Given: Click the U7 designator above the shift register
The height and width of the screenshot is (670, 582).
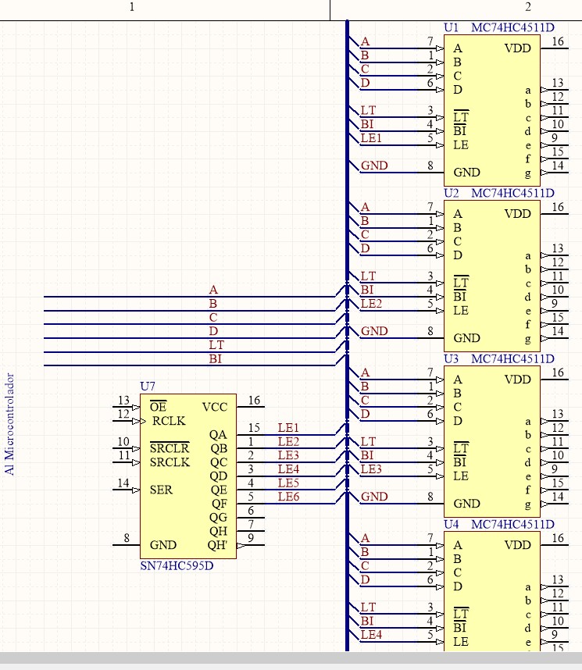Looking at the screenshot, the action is coord(148,387).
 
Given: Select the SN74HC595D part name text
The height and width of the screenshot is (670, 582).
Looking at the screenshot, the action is coord(177,565).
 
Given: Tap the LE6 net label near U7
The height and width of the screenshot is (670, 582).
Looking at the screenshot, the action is coord(288,497).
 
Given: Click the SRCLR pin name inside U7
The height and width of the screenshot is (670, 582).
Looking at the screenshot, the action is coord(170,448).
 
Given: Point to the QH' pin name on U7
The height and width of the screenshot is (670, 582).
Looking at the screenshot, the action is coord(217,545).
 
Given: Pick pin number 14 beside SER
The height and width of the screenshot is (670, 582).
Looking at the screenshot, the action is coord(123,483).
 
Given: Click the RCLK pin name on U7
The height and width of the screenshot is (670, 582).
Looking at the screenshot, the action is coord(169,421).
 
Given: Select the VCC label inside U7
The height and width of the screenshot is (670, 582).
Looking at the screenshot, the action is coord(215,407).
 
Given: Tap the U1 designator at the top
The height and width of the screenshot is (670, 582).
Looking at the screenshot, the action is coord(451,28).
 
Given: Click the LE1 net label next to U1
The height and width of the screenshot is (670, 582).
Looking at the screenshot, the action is coord(371,138).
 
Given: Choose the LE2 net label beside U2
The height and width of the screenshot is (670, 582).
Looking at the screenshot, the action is coord(371,304).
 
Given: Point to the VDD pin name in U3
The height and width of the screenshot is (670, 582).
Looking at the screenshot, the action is coord(517,380).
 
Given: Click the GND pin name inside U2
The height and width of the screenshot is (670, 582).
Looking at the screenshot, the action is coord(466,338).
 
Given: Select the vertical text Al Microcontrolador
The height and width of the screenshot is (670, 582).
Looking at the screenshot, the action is coord(9,424).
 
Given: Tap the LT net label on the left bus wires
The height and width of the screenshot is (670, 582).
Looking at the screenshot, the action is coord(216,345).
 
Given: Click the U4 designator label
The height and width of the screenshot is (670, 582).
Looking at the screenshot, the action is coord(451,524).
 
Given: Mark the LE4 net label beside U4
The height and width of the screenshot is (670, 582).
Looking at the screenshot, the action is coord(371,635).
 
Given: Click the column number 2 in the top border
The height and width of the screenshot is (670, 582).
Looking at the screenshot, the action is coord(528,7).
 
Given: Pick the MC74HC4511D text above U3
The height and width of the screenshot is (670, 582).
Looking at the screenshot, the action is coord(512,359).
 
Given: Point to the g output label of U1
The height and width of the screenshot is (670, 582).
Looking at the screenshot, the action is coord(528,173).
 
